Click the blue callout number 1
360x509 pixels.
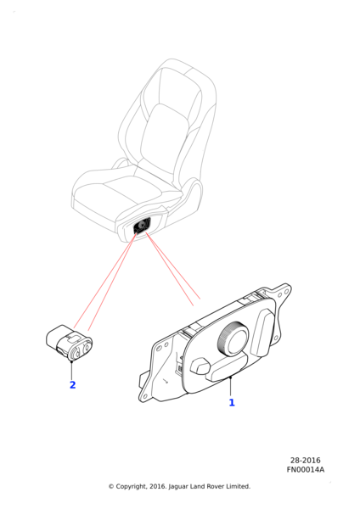[232, 402]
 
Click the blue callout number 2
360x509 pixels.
[73, 384]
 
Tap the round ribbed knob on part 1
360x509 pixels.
[233, 340]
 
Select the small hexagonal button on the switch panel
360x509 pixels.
[200, 366]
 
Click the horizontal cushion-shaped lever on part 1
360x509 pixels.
[227, 366]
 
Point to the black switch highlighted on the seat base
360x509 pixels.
[142, 226]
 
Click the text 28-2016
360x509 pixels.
[306, 461]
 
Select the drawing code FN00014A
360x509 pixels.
[306, 469]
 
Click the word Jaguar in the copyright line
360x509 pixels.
[178, 487]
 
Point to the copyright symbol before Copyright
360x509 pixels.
[111, 486]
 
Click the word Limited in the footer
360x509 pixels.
[238, 486]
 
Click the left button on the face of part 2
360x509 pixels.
[77, 352]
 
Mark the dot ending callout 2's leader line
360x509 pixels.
[71, 361]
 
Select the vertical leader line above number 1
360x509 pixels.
[230, 387]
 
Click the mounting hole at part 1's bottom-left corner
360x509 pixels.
[145, 395]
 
